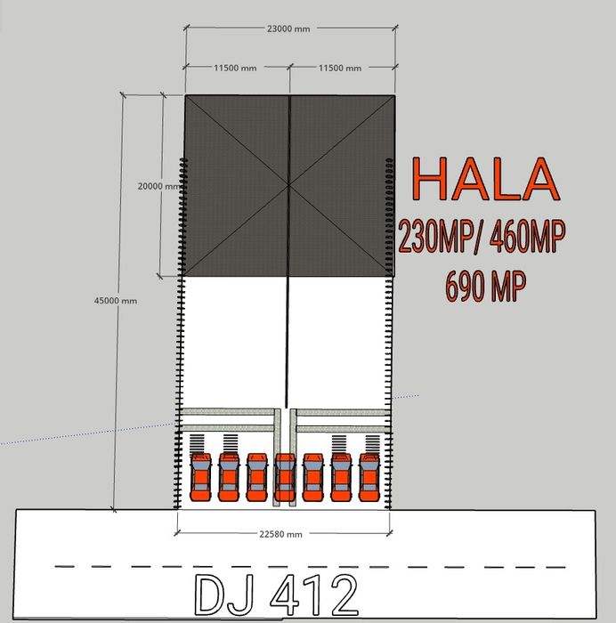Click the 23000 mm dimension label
pyautogui.click(x=288, y=28)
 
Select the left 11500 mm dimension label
pyautogui.click(x=235, y=68)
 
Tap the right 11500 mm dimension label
pyautogui.click(x=340, y=68)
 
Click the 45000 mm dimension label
pyautogui.click(x=115, y=301)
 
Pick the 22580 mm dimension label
pyautogui.click(x=280, y=534)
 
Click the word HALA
pyautogui.click(x=485, y=179)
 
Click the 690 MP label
pyautogui.click(x=486, y=286)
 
